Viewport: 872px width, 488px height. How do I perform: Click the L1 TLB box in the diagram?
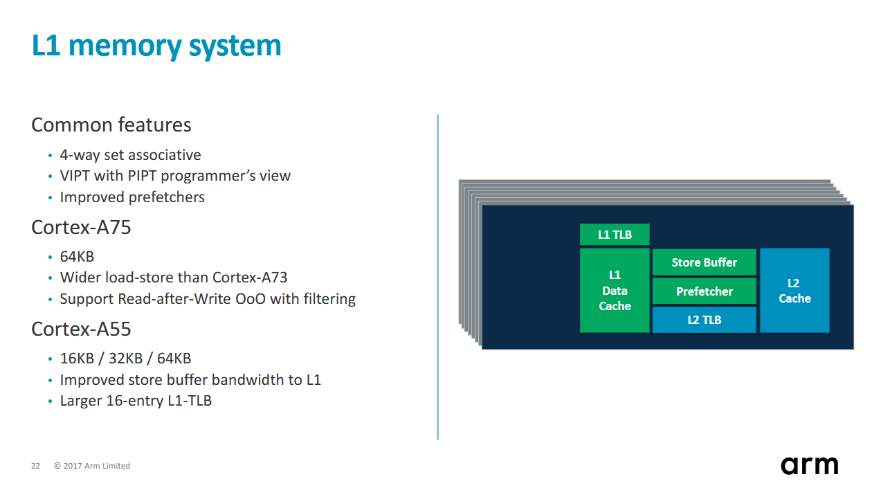tap(615, 235)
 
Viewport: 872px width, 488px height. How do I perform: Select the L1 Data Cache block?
tap(615, 291)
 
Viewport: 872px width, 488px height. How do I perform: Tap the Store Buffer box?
tap(705, 262)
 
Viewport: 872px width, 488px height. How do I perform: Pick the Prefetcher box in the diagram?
tap(705, 291)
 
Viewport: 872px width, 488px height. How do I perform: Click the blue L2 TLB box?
tap(705, 320)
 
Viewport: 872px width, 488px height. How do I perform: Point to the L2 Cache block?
tap(794, 291)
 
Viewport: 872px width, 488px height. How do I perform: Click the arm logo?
tap(809, 465)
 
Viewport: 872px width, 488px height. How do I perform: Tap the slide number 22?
tap(35, 466)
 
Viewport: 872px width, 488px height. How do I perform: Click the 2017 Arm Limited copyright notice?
tap(92, 466)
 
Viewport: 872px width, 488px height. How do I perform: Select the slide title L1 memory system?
tap(156, 46)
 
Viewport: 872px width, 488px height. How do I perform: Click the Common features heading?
tap(111, 125)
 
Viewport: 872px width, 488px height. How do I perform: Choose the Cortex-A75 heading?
tap(81, 228)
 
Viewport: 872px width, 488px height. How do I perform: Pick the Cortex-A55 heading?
tap(81, 329)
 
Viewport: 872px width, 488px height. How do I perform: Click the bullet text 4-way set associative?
tap(130, 155)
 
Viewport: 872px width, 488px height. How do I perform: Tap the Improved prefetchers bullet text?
tap(132, 197)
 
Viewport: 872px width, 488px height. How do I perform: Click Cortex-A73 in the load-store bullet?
tap(250, 278)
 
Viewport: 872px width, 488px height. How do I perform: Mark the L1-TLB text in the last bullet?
tap(190, 401)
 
